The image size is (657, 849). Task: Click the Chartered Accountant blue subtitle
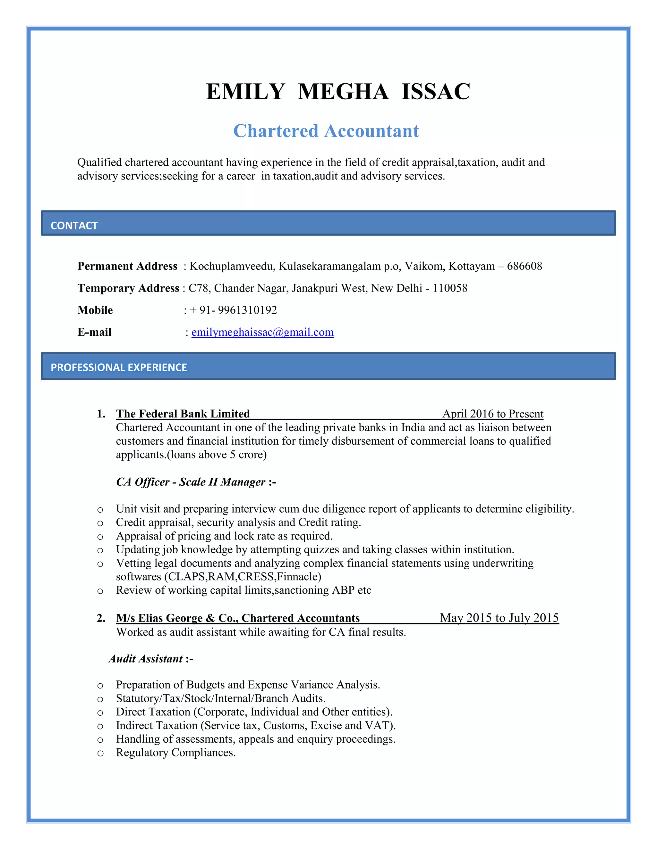tap(326, 131)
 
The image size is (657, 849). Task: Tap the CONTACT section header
tap(74, 226)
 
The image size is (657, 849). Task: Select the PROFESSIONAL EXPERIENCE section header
tap(119, 367)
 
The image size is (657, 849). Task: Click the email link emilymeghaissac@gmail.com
tap(262, 332)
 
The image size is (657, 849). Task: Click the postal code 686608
tap(524, 266)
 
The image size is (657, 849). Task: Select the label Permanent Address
tap(127, 266)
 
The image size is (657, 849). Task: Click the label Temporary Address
tap(128, 288)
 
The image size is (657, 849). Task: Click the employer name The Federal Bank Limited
tap(183, 414)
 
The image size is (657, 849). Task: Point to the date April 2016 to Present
tap(493, 414)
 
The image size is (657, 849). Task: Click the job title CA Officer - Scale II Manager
tap(191, 482)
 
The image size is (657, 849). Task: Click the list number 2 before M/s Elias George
tap(101, 618)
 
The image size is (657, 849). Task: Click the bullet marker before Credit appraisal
tap(100, 523)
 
